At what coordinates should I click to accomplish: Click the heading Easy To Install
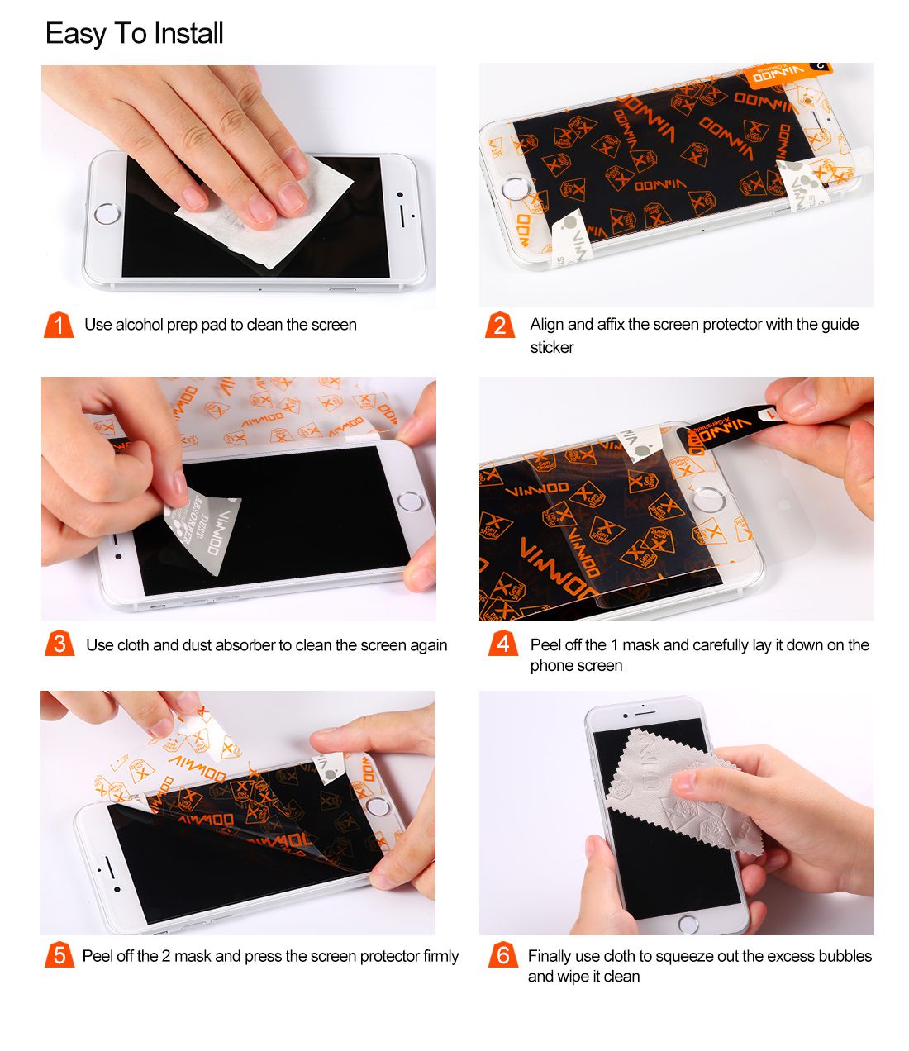tap(134, 34)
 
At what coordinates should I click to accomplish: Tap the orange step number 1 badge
tap(58, 325)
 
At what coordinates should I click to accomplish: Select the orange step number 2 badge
tap(499, 325)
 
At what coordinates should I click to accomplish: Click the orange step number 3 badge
tap(59, 644)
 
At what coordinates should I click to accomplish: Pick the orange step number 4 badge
tap(502, 644)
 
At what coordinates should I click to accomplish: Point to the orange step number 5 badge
tap(59, 955)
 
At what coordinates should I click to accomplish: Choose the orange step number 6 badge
tap(502, 955)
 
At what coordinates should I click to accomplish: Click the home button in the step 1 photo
tap(107, 215)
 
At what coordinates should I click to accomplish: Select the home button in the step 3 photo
tap(409, 501)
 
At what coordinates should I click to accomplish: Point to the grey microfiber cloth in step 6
tap(678, 793)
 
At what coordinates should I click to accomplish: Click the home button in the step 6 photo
tap(688, 922)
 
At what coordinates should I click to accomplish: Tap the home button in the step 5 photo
tap(379, 806)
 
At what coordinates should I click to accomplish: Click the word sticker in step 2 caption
tap(552, 347)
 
